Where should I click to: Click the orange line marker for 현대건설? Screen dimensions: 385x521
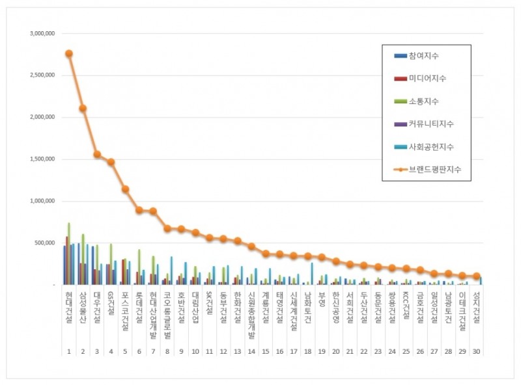(x=68, y=53)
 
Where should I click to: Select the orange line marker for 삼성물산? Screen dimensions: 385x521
(x=83, y=108)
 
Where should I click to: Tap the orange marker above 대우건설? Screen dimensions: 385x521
(x=97, y=154)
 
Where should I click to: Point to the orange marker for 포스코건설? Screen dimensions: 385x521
(x=125, y=189)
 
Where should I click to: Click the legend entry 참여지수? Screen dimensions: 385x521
(x=423, y=56)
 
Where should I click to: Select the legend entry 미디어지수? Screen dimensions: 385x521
(x=426, y=79)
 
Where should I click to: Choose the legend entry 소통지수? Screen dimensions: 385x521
(x=423, y=101)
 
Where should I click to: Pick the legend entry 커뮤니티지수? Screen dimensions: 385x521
(x=430, y=124)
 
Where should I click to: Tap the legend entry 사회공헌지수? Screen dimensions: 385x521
(x=430, y=147)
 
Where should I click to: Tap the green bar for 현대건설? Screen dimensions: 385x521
(x=68, y=254)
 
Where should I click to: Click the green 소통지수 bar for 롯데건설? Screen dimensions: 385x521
(x=139, y=267)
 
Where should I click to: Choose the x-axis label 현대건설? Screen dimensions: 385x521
(x=68, y=310)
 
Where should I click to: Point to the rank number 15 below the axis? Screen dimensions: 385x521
(x=265, y=352)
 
